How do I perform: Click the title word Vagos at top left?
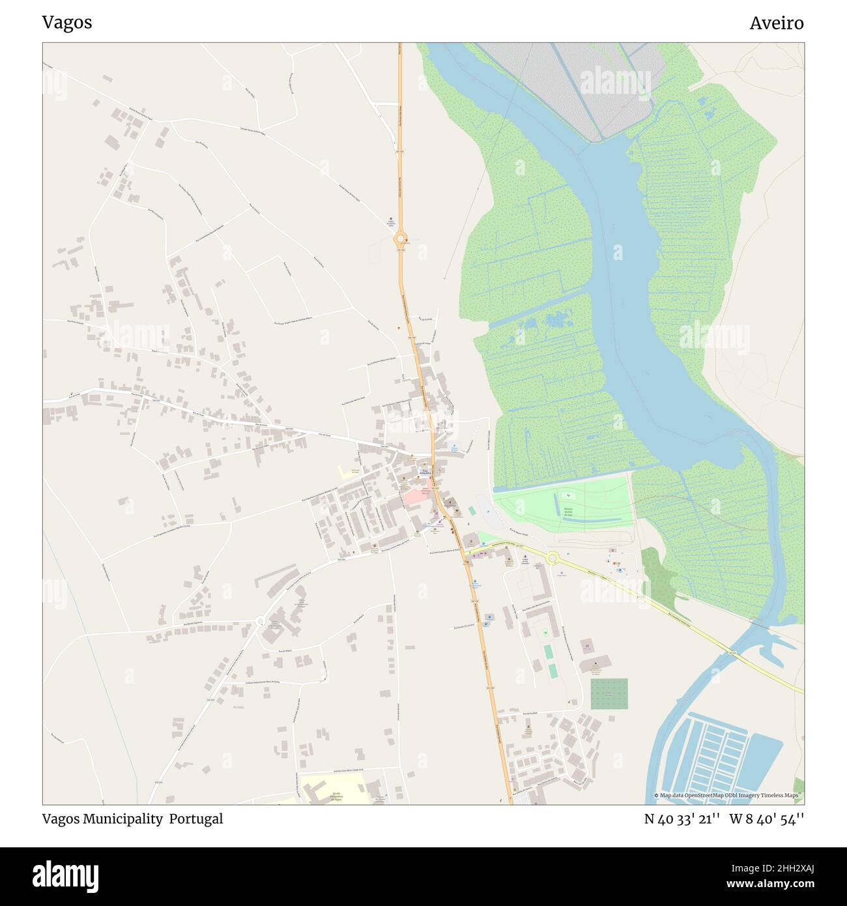(x=67, y=22)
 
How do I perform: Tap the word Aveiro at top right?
(x=776, y=23)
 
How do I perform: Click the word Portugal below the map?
(x=196, y=819)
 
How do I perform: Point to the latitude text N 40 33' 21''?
(x=682, y=819)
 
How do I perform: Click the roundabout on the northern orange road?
(x=400, y=239)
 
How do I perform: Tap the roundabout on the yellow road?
(x=553, y=557)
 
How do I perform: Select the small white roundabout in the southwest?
(x=261, y=621)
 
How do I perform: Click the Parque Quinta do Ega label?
(x=567, y=510)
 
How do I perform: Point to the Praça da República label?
(x=424, y=471)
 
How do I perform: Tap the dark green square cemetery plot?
(x=609, y=694)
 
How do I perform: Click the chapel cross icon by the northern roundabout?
(x=391, y=218)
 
